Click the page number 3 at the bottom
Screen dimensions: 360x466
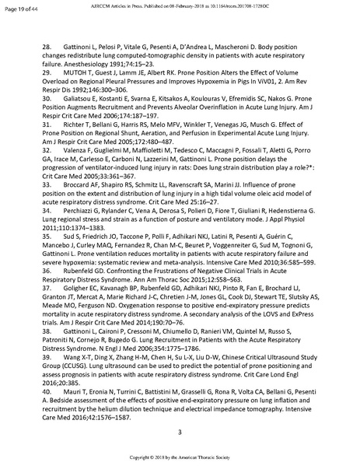click(180, 432)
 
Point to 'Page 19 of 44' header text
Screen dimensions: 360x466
click(19, 7)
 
